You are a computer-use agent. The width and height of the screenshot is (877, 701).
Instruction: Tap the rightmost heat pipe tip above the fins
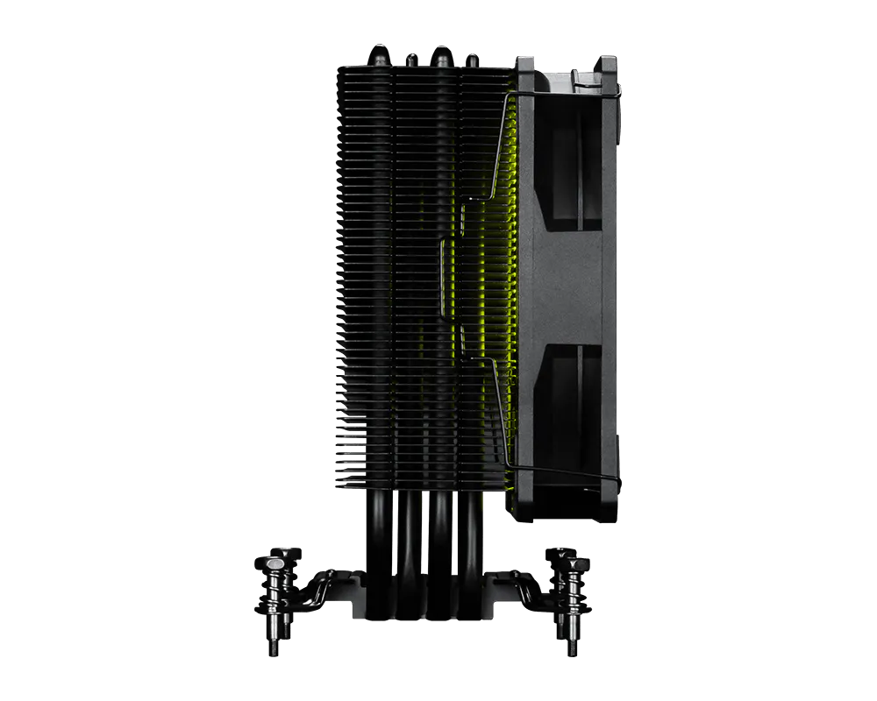click(473, 58)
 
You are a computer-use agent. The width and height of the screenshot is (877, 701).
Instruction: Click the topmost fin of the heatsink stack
click(421, 67)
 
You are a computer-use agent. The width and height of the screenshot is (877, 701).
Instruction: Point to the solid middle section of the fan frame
click(570, 280)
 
